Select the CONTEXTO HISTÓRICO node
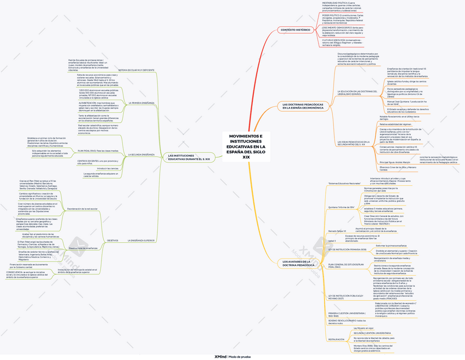point(295,30)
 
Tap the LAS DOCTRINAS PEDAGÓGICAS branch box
point(303,105)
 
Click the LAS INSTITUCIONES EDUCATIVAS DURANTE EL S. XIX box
point(189,157)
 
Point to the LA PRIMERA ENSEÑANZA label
point(141,103)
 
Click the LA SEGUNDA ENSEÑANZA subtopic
point(141,155)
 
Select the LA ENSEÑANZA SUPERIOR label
point(141,241)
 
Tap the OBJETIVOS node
point(112,241)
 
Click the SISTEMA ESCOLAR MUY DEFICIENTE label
point(136,71)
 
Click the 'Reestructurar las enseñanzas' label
point(83,248)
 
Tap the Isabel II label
point(332,240)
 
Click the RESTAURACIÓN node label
point(336,339)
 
